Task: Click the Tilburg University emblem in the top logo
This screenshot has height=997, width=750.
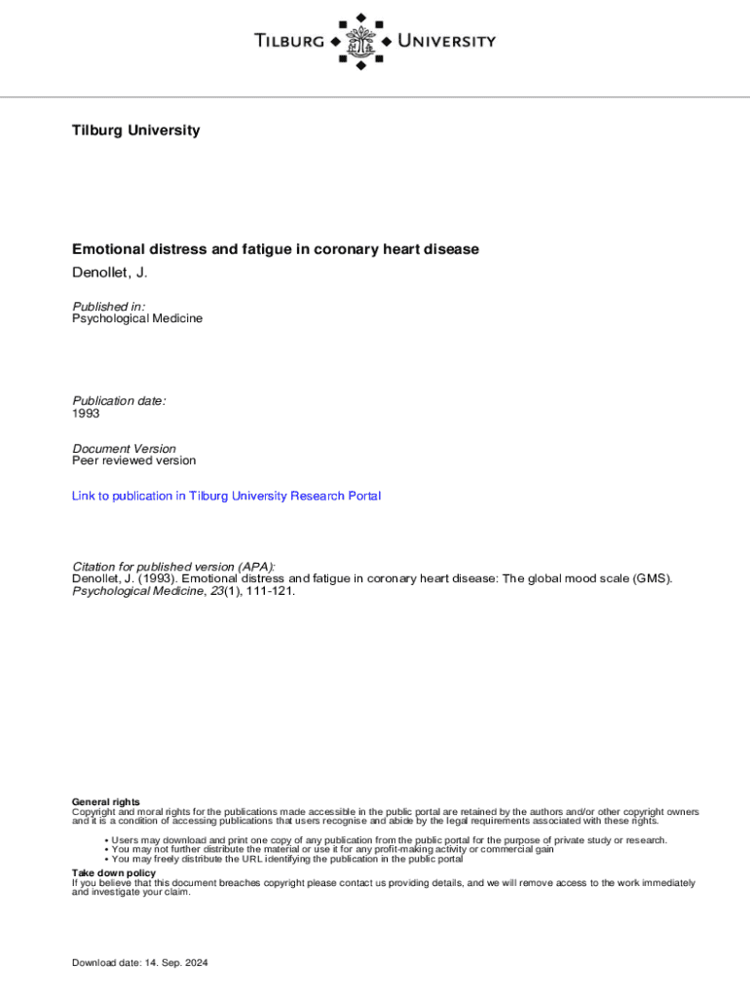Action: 361,41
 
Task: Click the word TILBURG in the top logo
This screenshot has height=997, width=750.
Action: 292,41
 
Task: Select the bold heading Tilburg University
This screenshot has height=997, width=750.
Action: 136,129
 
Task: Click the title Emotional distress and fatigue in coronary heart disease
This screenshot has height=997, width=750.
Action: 276,249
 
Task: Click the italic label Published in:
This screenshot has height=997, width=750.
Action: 109,307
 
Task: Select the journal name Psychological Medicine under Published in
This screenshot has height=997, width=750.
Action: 137,318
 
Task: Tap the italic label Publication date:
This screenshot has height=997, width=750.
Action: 119,401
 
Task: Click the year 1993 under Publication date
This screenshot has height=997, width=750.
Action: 86,413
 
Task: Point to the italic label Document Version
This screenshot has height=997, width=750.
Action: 124,449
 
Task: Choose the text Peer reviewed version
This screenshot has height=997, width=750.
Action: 133,461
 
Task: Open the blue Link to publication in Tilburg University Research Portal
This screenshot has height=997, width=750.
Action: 226,496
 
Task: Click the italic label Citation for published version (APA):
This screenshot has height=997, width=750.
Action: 174,567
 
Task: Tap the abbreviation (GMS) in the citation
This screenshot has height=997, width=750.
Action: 652,578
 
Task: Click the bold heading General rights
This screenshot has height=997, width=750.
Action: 106,802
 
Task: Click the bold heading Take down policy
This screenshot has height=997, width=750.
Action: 114,873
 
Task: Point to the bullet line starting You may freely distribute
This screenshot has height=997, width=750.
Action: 286,859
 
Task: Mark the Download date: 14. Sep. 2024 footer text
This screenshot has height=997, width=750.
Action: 140,963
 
